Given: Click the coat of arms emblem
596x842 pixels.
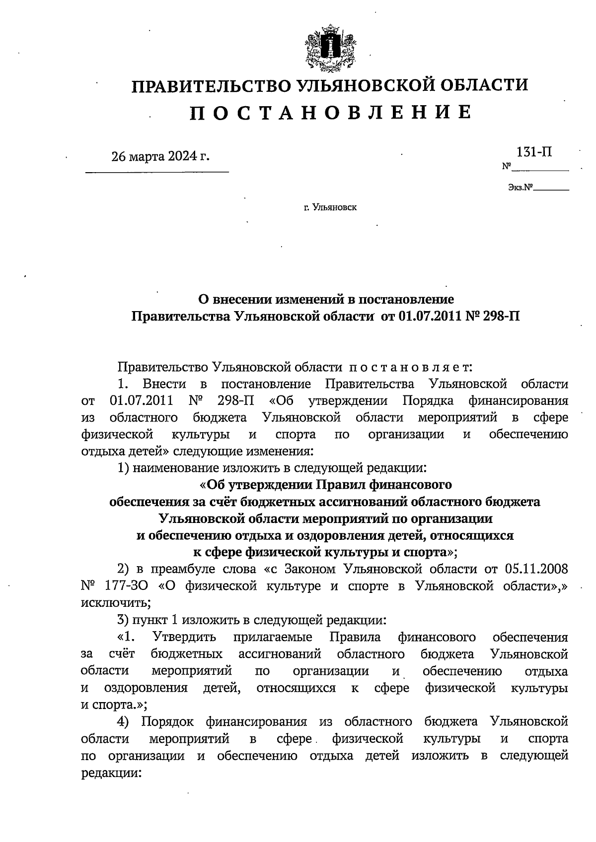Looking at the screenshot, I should click(330, 48).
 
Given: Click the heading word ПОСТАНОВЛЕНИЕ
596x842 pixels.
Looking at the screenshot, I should click(330, 113).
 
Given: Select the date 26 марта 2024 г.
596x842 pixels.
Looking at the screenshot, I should click(160, 157).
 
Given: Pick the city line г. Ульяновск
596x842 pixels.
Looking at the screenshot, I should click(330, 207).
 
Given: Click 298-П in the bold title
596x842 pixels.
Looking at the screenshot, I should click(502, 316).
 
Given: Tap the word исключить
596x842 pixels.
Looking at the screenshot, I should click(114, 603).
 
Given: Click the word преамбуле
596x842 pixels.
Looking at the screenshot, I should click(184, 569).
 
